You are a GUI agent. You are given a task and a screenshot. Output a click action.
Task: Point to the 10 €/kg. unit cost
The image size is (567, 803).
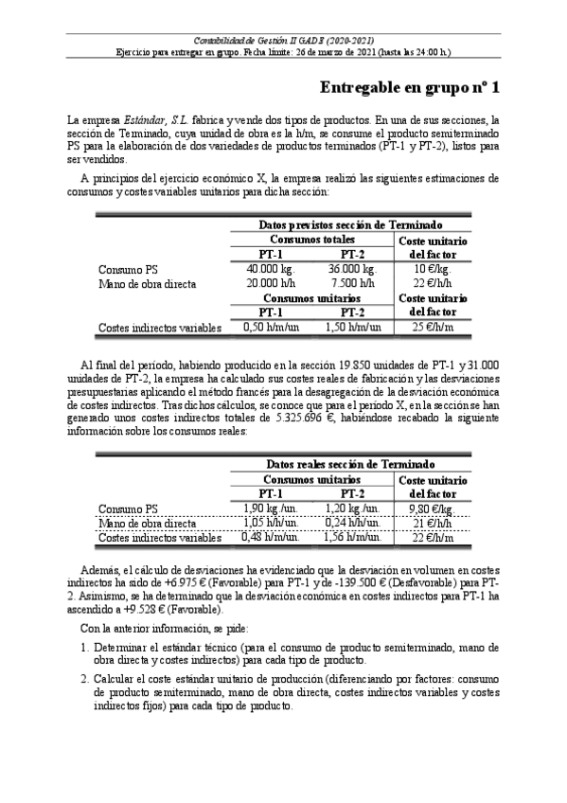tap(431, 269)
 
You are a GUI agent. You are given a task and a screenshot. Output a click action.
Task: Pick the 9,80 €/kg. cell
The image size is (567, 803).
tap(432, 509)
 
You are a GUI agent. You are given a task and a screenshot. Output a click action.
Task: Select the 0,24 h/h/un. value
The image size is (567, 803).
tap(353, 523)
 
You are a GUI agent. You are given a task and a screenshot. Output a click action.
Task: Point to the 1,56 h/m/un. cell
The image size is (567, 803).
tap(353, 538)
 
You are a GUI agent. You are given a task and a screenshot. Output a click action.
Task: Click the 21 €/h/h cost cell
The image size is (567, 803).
tap(432, 523)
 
